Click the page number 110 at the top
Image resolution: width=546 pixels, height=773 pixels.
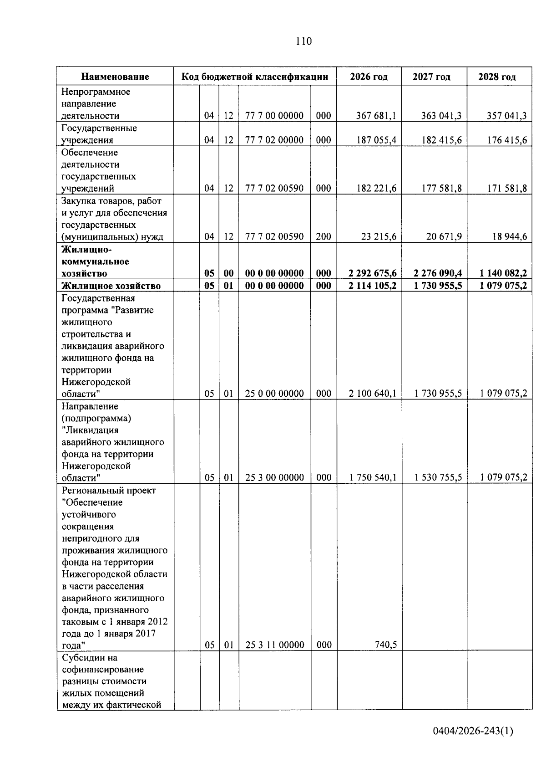pos(303,41)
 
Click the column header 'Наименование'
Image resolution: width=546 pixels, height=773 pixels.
pos(115,77)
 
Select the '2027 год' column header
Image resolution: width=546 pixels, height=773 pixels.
pos(431,77)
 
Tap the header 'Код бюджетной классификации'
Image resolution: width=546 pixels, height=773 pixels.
pos(255,77)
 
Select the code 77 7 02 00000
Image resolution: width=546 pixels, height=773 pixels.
pos(274,140)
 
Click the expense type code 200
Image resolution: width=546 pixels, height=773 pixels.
pos(324,236)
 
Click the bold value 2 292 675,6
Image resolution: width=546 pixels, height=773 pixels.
pos(372,273)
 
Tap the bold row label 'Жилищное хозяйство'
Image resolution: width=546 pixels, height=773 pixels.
pos(111,286)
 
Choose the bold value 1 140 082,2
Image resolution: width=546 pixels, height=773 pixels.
pos(503,273)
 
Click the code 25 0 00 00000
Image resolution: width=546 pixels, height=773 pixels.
pos(274,394)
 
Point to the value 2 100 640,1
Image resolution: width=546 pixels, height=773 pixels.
pos(372,394)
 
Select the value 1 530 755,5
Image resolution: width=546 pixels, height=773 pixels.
pos(438,477)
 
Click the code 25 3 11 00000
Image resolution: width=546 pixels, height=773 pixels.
pos(274,645)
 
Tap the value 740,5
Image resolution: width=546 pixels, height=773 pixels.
pos(386,645)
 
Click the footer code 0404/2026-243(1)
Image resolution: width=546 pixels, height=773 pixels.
pos(473,732)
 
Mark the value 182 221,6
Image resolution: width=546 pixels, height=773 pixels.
pos(376,189)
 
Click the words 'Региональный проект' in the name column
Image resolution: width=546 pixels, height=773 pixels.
pos(109,491)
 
